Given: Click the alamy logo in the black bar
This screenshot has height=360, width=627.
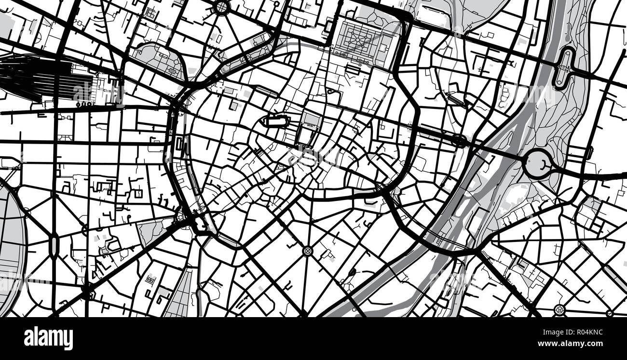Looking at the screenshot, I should [48, 338].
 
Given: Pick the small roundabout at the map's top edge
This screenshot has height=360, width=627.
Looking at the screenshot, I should [221, 7].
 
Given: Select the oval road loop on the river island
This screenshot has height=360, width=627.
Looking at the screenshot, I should [563, 67].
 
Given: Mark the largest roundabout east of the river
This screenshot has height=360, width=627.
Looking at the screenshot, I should [537, 163].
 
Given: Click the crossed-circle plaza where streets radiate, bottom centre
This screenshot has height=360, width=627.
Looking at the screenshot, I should [307, 251].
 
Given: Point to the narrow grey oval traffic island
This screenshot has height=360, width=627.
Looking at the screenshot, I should [54, 244].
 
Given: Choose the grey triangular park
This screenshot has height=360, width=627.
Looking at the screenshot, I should [151, 230].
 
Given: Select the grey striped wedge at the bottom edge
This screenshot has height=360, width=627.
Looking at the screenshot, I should [181, 296].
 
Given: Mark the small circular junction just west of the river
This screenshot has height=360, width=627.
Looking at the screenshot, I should [460, 141].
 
